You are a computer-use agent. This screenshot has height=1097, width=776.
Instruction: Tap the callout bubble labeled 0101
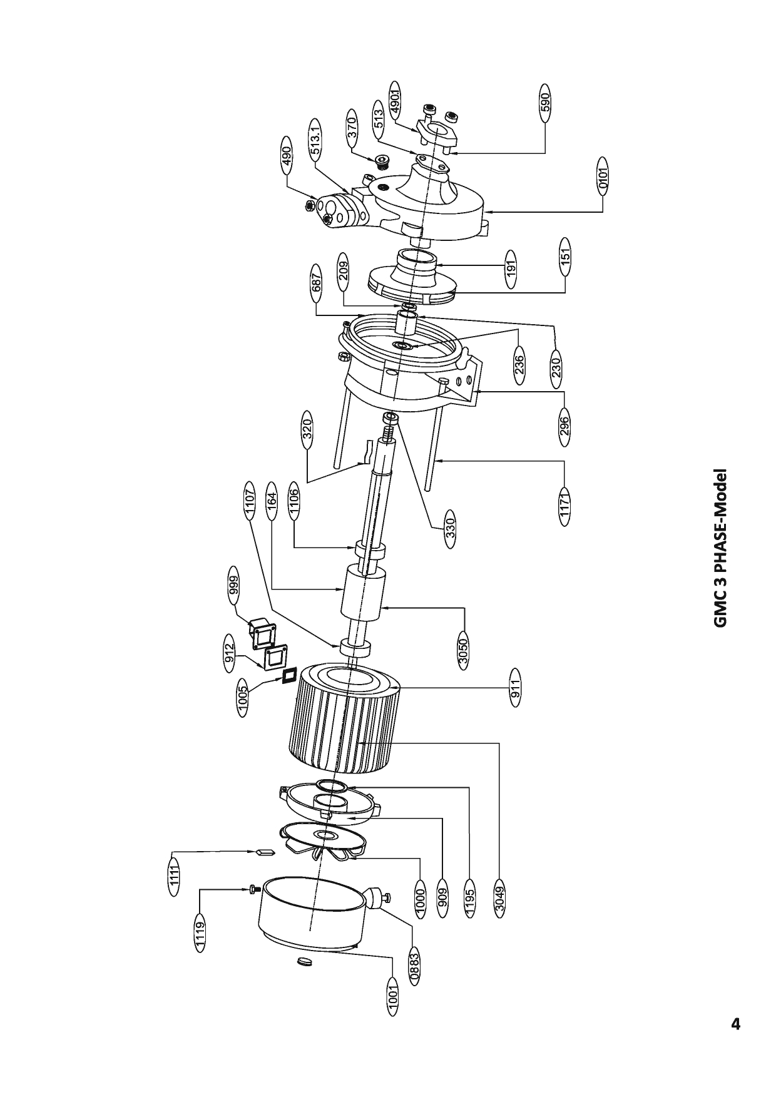pos(603,176)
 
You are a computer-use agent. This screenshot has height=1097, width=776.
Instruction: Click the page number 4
pos(736,1024)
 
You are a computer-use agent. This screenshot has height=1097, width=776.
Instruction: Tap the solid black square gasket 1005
pos(288,676)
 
